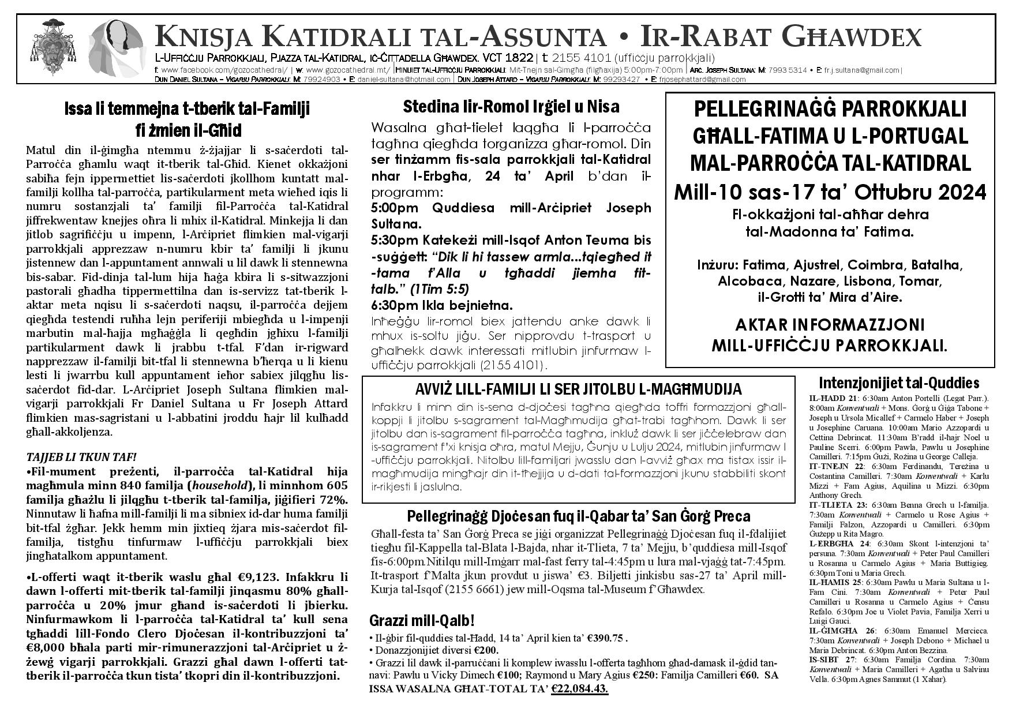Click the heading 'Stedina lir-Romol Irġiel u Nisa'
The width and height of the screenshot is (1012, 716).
click(511, 107)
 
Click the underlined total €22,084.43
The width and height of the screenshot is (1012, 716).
click(579, 689)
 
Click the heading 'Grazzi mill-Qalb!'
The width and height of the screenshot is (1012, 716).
click(422, 621)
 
